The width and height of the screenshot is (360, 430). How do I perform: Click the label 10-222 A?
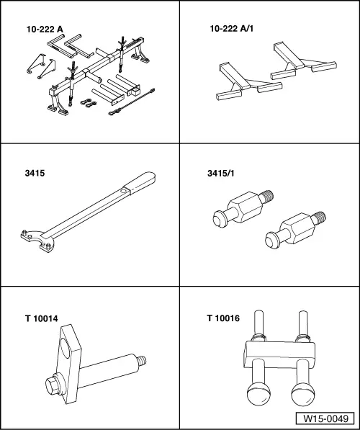(45, 30)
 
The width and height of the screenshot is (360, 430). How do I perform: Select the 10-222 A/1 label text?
(231, 29)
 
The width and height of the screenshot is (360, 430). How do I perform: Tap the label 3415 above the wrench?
(35, 174)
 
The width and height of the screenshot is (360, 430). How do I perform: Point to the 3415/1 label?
(221, 174)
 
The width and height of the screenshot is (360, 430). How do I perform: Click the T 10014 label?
(42, 318)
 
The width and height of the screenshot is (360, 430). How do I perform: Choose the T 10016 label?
(223, 318)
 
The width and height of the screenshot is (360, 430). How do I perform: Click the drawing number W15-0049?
(325, 418)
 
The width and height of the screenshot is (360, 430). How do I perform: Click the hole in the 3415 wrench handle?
(124, 191)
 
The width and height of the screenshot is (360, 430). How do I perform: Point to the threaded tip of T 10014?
(142, 360)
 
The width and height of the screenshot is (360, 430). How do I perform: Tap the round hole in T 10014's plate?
(66, 347)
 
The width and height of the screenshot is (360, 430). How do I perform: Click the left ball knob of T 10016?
(258, 395)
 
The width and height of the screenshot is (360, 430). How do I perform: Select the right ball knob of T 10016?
(302, 394)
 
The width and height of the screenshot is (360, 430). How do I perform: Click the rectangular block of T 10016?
(279, 354)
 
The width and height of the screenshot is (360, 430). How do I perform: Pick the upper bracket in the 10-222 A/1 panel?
(304, 61)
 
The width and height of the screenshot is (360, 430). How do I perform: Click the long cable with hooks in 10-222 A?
(132, 102)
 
